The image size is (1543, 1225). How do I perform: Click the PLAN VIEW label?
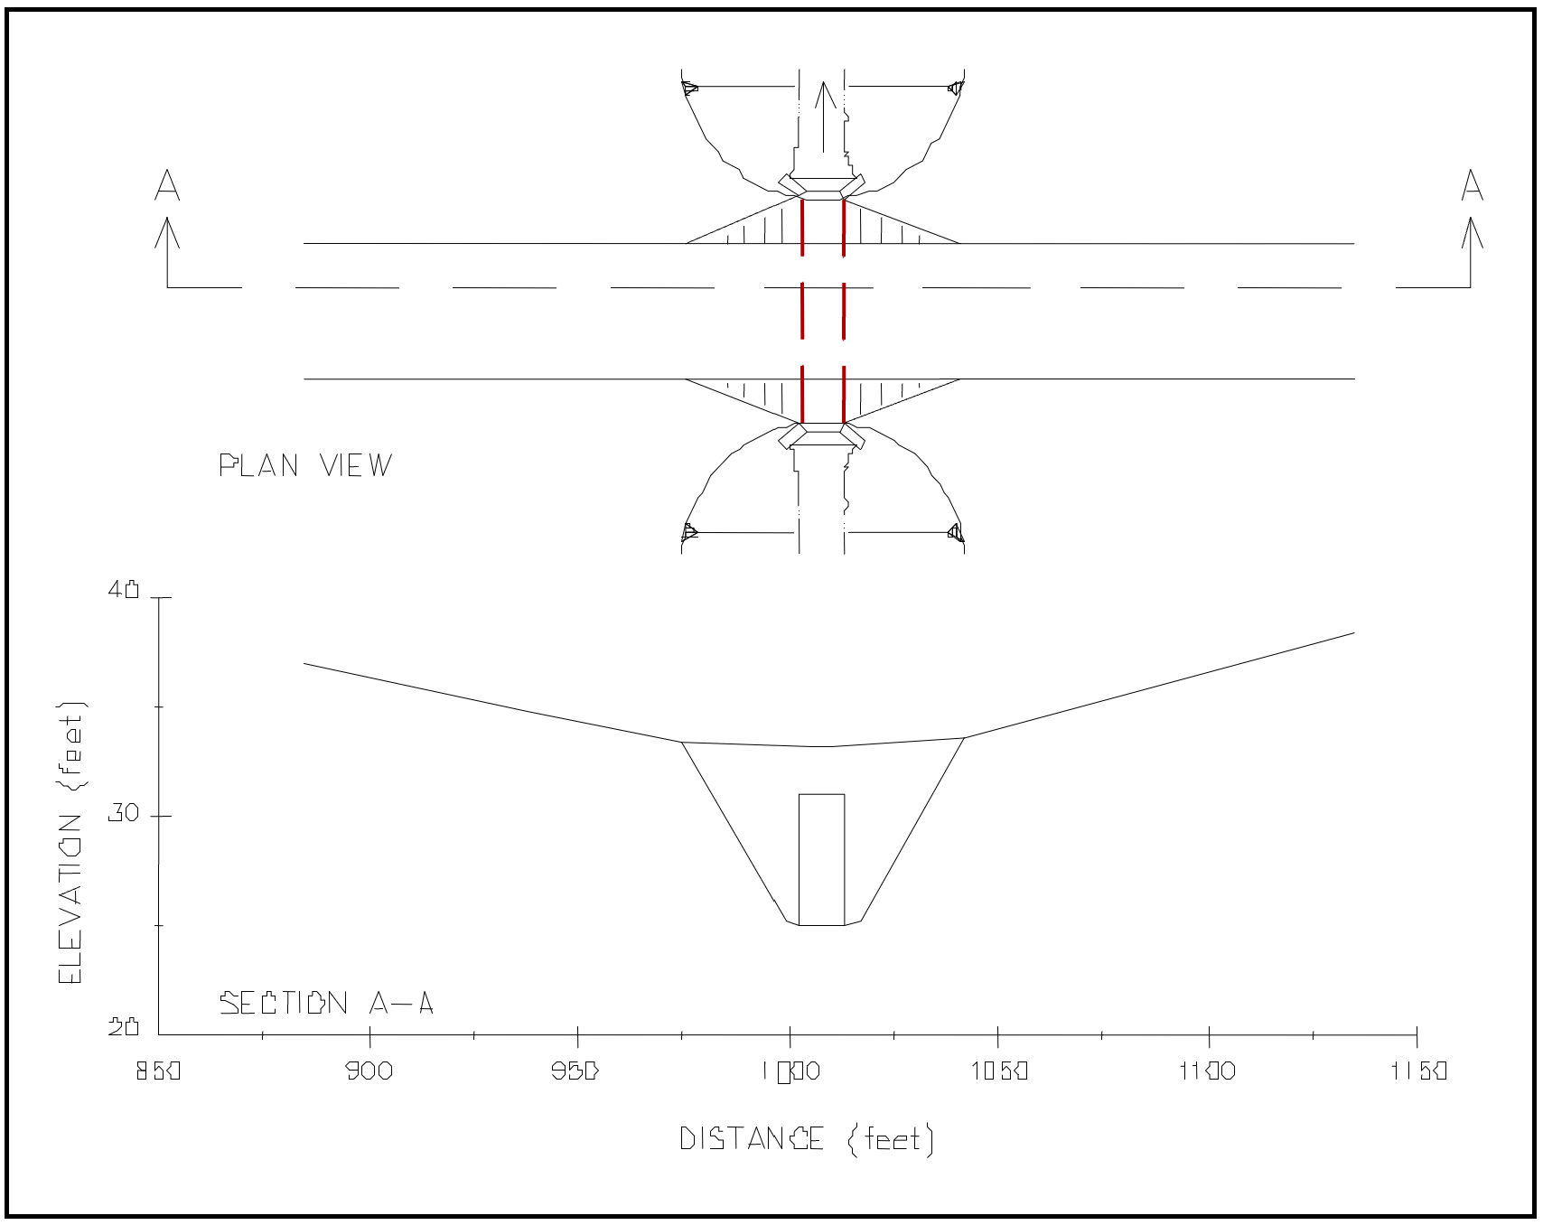point(306,465)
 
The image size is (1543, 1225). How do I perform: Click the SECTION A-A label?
point(327,1003)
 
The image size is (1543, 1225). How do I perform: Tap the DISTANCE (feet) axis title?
point(806,1139)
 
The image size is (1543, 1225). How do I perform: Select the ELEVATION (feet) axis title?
point(71,843)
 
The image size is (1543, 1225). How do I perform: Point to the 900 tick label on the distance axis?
point(369,1071)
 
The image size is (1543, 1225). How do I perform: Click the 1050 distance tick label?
point(997,1071)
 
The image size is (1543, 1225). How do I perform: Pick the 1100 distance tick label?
point(1208,1071)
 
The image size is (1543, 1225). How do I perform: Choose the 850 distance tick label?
point(159,1071)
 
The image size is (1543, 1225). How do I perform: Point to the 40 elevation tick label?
point(124,590)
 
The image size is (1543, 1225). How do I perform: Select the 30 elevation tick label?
point(124,814)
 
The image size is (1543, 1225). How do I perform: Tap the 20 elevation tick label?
point(124,1027)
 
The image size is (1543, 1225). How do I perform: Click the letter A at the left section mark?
point(167,184)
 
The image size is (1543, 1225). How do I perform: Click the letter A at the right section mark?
point(1473,184)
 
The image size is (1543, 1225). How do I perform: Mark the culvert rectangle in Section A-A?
point(821,859)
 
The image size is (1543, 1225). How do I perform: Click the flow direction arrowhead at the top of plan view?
point(822,95)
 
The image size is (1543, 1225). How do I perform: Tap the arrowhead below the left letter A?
point(167,231)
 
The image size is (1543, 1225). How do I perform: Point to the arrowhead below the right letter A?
point(1473,231)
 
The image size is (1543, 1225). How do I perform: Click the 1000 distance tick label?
point(790,1071)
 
